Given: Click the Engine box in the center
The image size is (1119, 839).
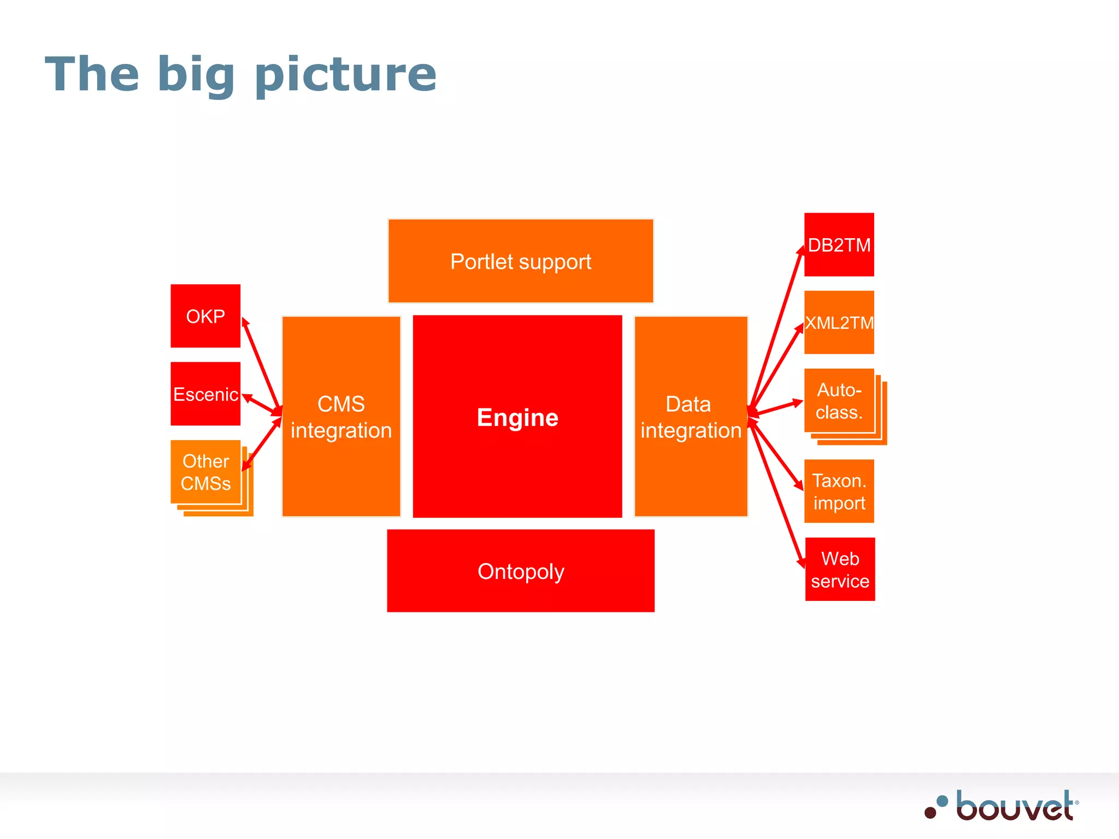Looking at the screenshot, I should (x=517, y=417).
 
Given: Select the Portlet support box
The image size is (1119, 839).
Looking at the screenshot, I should (x=521, y=261).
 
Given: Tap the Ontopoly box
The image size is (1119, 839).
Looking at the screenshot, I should (x=521, y=571).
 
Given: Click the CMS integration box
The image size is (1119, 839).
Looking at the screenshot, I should (x=341, y=417).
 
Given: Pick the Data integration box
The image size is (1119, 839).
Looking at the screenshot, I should (x=691, y=417).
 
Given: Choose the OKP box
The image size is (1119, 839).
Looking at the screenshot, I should (x=205, y=316).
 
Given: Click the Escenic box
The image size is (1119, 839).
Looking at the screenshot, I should (x=205, y=393).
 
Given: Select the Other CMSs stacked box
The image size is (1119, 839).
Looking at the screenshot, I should (x=205, y=472).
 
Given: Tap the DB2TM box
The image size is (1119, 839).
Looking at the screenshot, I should (x=839, y=245).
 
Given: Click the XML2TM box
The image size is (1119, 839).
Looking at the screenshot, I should (x=839, y=322).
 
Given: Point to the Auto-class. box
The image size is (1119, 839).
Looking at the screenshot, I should (x=839, y=401).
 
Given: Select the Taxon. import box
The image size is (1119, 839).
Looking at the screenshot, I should (x=839, y=491).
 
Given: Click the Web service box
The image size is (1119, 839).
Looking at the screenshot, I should (x=840, y=569).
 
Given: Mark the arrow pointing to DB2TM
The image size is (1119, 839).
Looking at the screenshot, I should (x=776, y=328).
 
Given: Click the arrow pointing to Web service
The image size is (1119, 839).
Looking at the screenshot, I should (x=777, y=494).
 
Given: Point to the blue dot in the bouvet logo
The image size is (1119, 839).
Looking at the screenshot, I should (x=942, y=801).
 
